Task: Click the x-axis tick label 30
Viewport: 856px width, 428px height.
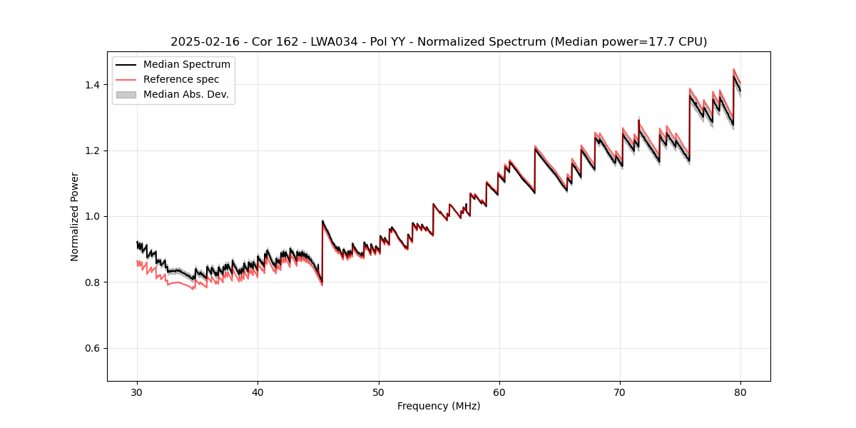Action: [x=138, y=392]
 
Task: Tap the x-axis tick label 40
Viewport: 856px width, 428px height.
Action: [x=258, y=392]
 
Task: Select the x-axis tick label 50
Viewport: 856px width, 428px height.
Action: [x=379, y=392]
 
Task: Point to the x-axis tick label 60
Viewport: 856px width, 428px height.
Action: [x=499, y=392]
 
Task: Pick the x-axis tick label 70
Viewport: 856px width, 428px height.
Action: [x=620, y=392]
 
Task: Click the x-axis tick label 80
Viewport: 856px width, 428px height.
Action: [x=740, y=392]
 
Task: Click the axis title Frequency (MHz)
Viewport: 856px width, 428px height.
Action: [x=439, y=406]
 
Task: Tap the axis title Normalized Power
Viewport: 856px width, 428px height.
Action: [x=75, y=216]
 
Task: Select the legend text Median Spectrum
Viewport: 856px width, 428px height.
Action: [x=187, y=65]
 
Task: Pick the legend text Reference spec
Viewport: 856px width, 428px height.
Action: [x=181, y=79]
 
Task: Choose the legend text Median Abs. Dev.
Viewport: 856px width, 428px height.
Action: [x=186, y=94]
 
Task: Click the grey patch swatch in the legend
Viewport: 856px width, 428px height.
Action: [x=126, y=94]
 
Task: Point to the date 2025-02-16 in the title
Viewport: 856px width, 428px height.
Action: [x=200, y=42]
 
